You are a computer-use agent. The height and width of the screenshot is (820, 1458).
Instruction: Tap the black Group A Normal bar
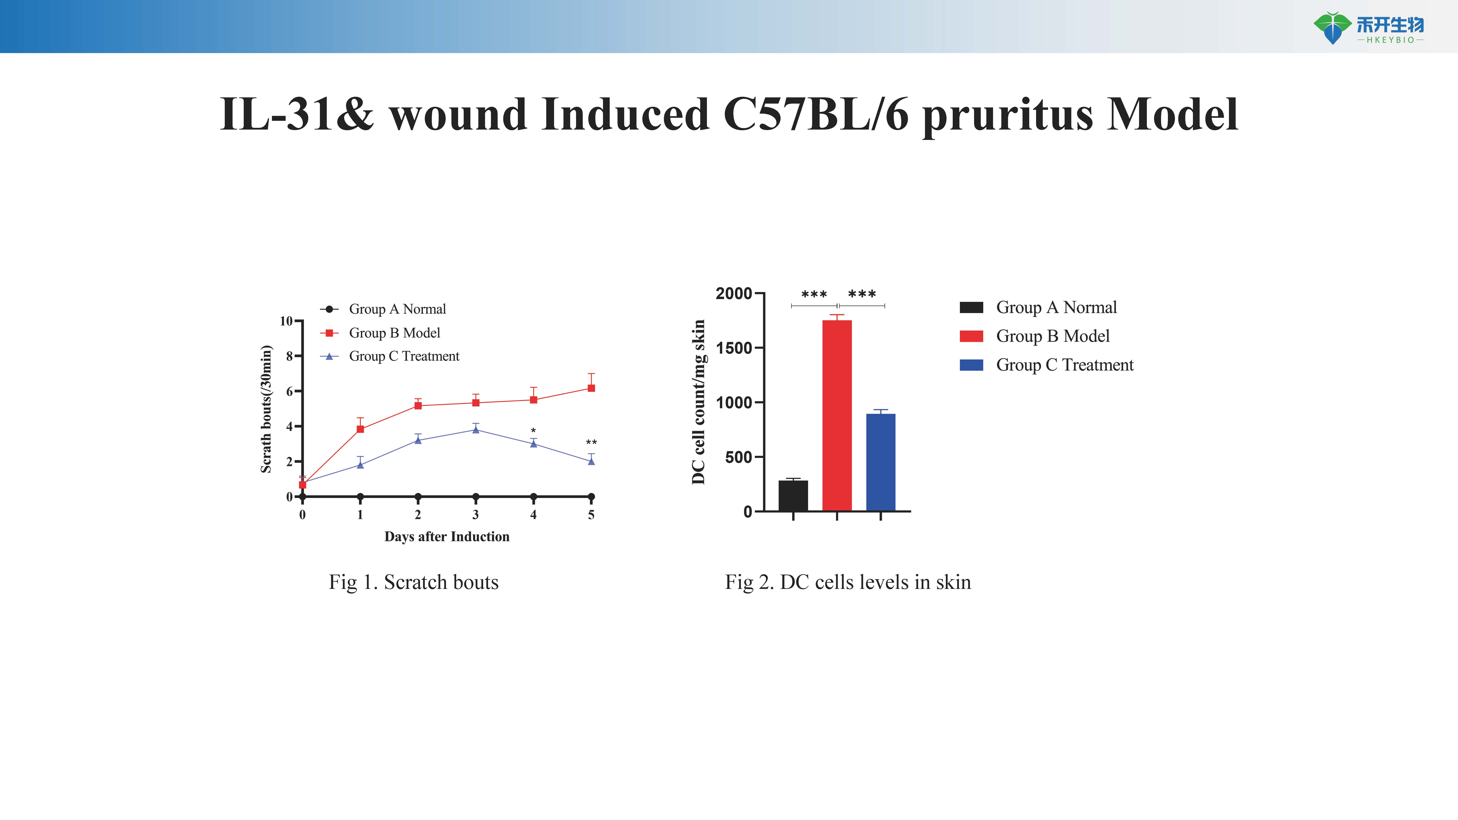tap(793, 496)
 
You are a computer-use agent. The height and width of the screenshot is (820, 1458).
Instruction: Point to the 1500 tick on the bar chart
tap(734, 348)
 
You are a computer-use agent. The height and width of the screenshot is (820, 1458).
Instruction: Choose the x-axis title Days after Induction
tap(447, 536)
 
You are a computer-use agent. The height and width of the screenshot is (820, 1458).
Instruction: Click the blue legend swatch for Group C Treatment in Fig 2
tap(971, 365)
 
